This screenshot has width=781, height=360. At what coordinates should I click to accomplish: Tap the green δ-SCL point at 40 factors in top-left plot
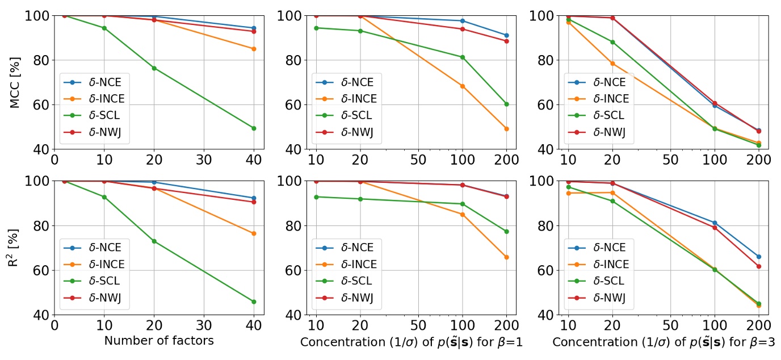click(254, 128)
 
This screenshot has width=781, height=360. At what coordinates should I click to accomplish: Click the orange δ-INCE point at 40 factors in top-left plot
click(254, 49)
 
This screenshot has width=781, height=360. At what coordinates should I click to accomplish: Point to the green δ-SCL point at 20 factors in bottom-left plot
click(154, 241)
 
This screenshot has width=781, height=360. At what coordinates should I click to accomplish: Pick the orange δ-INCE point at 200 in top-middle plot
click(506, 129)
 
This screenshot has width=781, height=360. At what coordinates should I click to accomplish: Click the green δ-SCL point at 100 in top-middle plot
click(463, 57)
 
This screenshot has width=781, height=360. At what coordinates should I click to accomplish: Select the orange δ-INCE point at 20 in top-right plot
click(612, 64)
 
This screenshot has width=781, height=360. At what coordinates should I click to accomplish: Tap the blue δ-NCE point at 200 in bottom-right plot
click(758, 257)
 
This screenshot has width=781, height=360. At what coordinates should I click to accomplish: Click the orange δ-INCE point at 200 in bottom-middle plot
click(506, 257)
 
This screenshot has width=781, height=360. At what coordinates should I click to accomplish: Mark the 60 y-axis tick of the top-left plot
click(37, 105)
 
